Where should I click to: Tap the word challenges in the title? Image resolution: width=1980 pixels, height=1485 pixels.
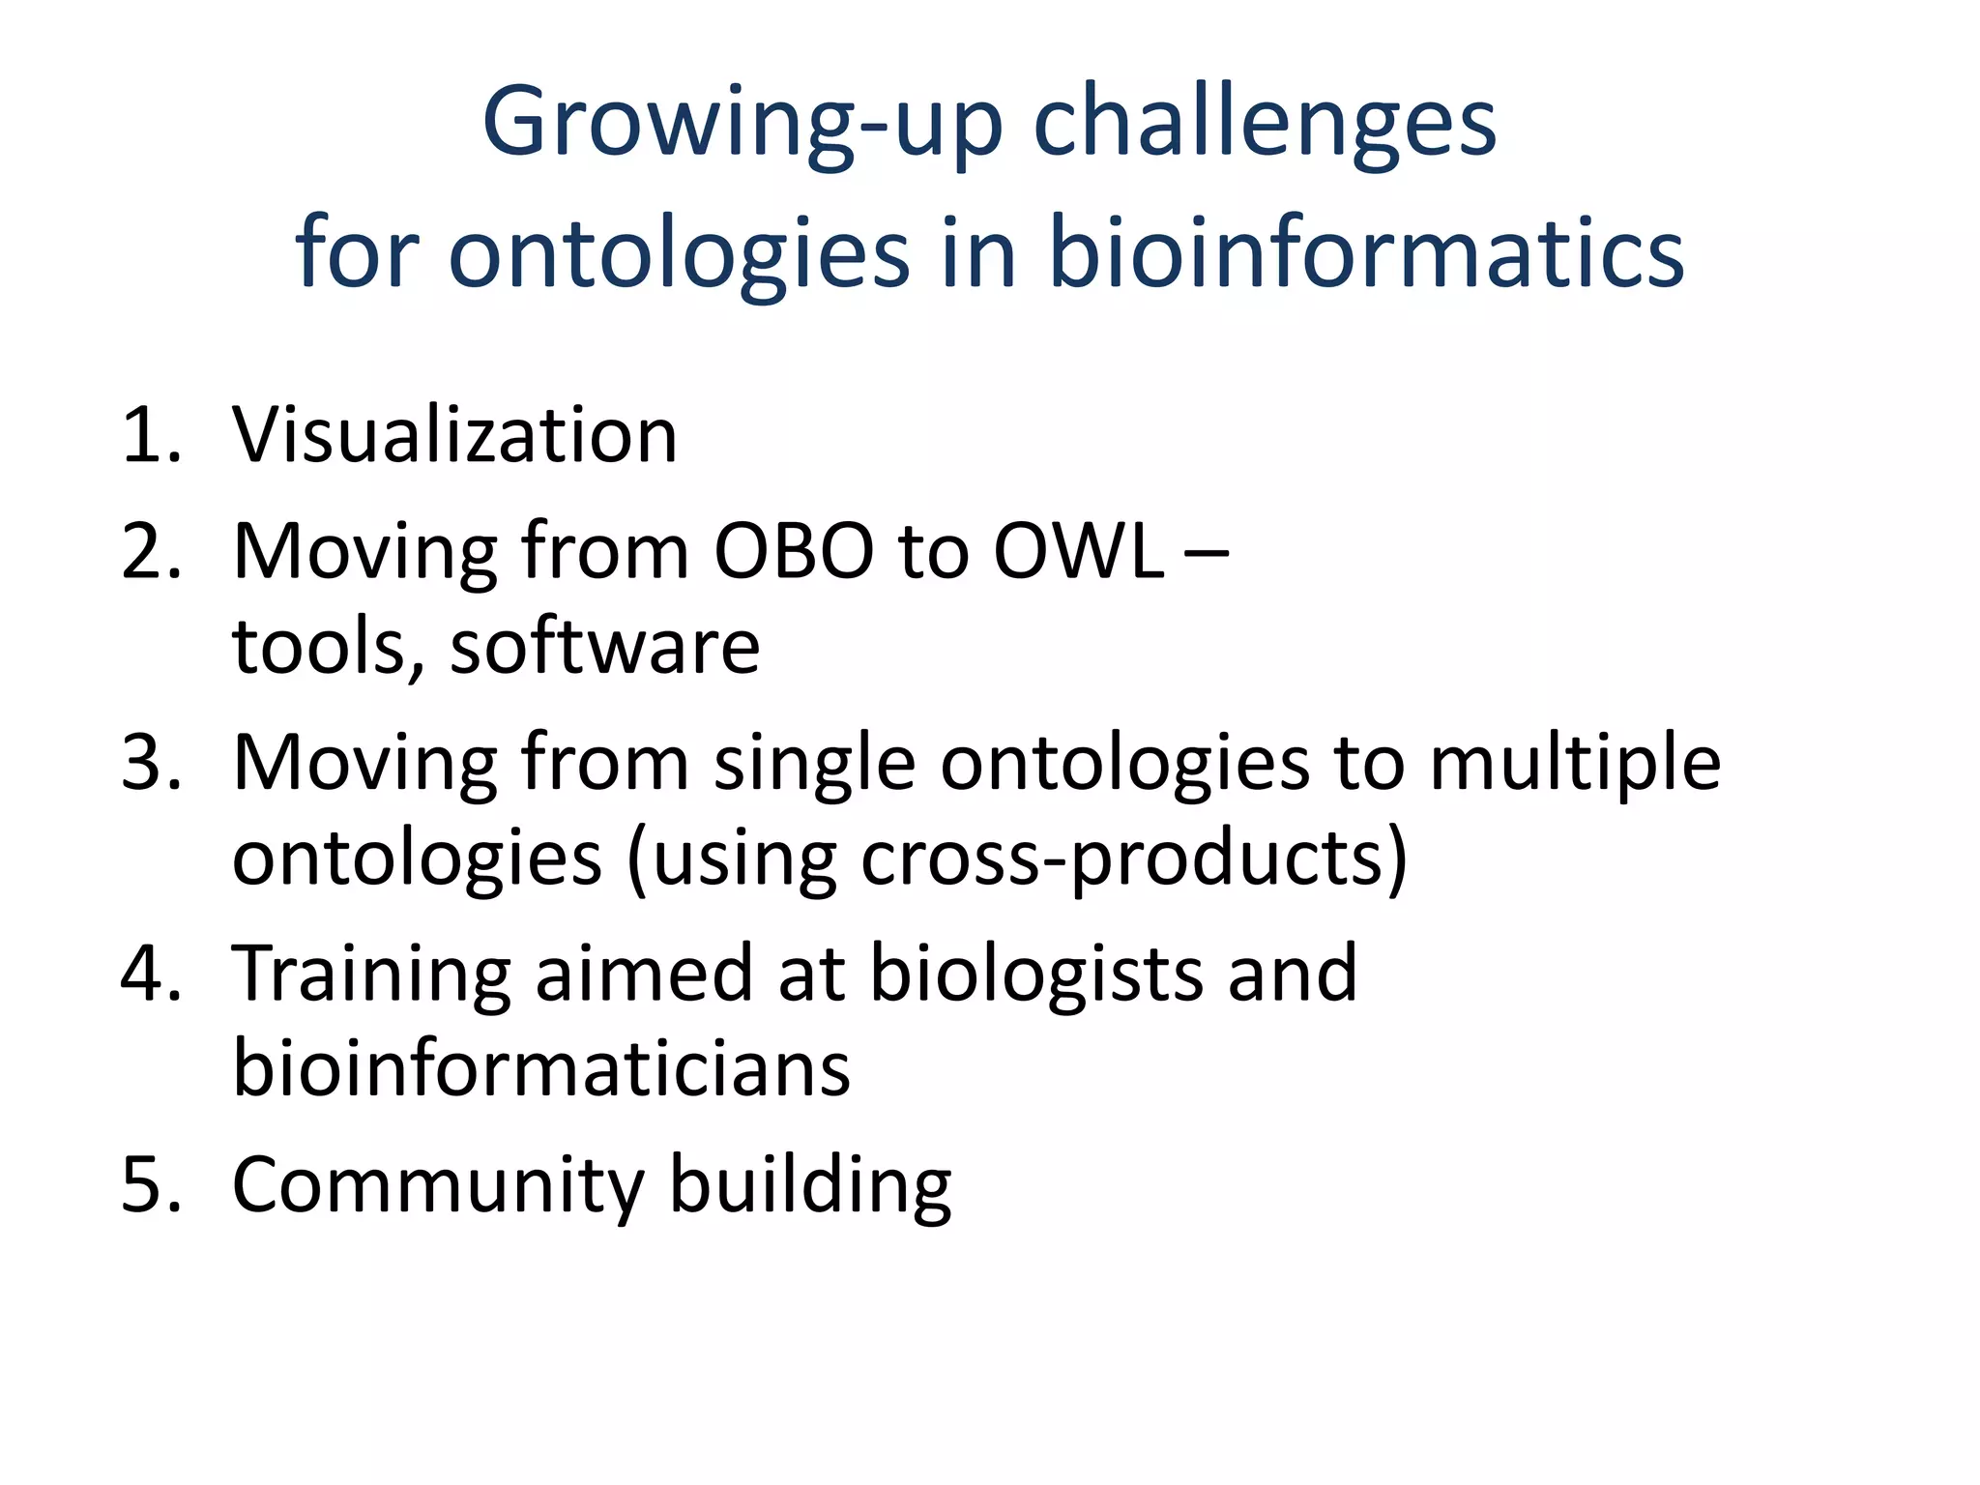1265,122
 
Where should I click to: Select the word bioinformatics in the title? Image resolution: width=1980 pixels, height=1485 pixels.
1366,253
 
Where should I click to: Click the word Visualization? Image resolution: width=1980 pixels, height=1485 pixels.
454,435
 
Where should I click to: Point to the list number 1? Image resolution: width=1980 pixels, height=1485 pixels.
150,435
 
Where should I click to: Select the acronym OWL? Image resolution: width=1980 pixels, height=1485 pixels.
1079,551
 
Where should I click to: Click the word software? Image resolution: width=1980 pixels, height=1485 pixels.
605,647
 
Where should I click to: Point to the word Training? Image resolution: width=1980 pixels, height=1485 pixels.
371,975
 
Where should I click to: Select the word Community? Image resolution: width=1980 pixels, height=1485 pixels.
438,1186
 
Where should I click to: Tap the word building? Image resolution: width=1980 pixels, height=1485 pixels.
810,1186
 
